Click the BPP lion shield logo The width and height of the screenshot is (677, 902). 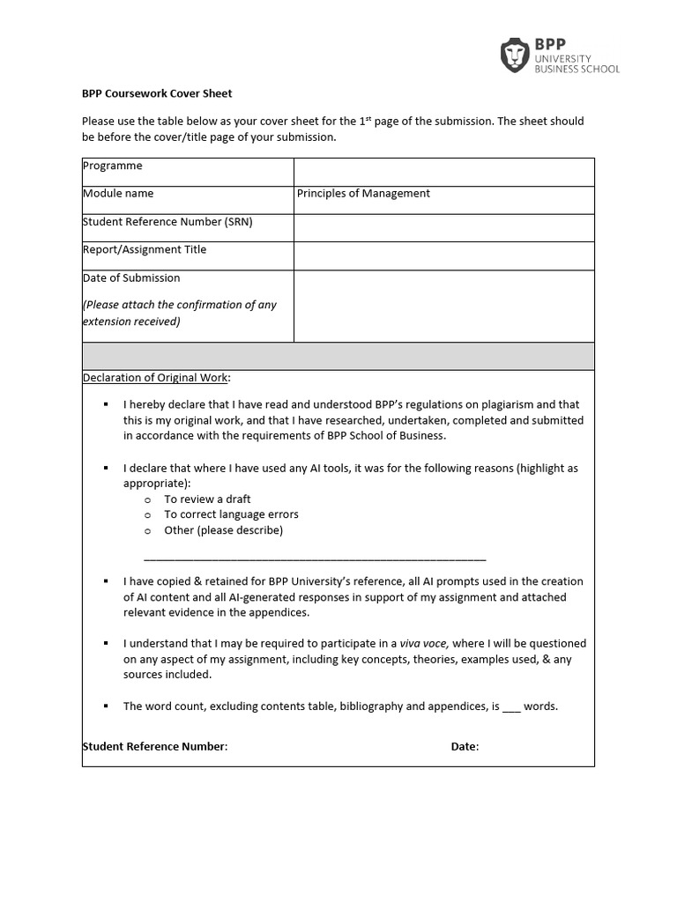514,55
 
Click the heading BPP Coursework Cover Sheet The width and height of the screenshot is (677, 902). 157,93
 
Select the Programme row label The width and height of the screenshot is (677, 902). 112,166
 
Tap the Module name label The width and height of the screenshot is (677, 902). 118,194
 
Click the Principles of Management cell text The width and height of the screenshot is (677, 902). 363,194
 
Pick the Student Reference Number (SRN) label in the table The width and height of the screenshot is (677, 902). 167,222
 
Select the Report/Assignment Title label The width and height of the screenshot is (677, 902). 145,250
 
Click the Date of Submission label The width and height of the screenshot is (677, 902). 131,278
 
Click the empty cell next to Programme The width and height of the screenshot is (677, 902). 443,172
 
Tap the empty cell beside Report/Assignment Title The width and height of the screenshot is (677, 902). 443,255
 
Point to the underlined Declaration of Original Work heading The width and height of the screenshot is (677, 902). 156,378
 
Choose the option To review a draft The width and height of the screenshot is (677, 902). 207,499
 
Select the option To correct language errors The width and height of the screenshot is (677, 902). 231,514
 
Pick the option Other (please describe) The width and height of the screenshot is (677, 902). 223,530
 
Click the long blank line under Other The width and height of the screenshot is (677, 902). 314,558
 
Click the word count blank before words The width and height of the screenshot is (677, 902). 512,706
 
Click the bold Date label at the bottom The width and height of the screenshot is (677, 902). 465,747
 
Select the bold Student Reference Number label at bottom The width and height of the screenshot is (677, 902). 155,747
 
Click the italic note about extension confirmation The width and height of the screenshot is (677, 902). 180,313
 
